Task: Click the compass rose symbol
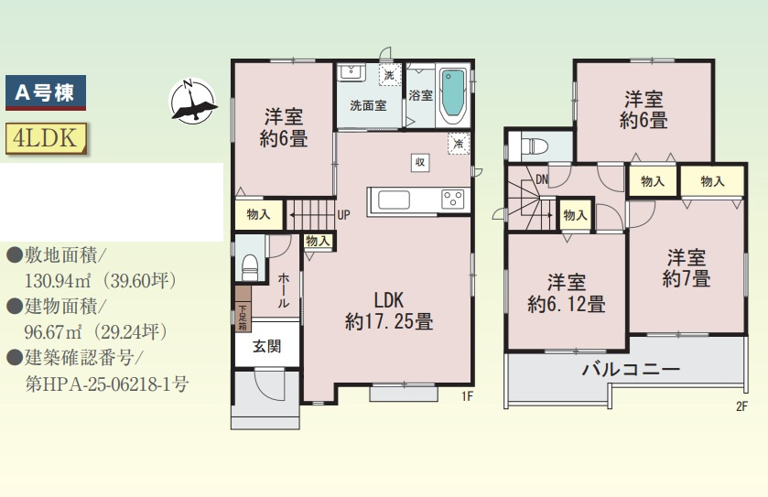click(192, 101)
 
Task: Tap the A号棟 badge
click(46, 92)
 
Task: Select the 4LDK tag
click(45, 137)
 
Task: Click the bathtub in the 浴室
click(453, 94)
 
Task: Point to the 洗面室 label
click(367, 105)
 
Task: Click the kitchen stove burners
click(452, 200)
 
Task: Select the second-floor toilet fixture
click(535, 146)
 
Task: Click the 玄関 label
click(266, 346)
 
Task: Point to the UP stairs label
click(343, 216)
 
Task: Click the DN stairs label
click(542, 179)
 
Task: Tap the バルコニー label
click(631, 371)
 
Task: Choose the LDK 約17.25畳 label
click(389, 311)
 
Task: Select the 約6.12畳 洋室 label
click(566, 293)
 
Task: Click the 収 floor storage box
click(420, 162)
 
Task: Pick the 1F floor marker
click(466, 396)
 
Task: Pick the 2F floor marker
click(741, 405)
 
